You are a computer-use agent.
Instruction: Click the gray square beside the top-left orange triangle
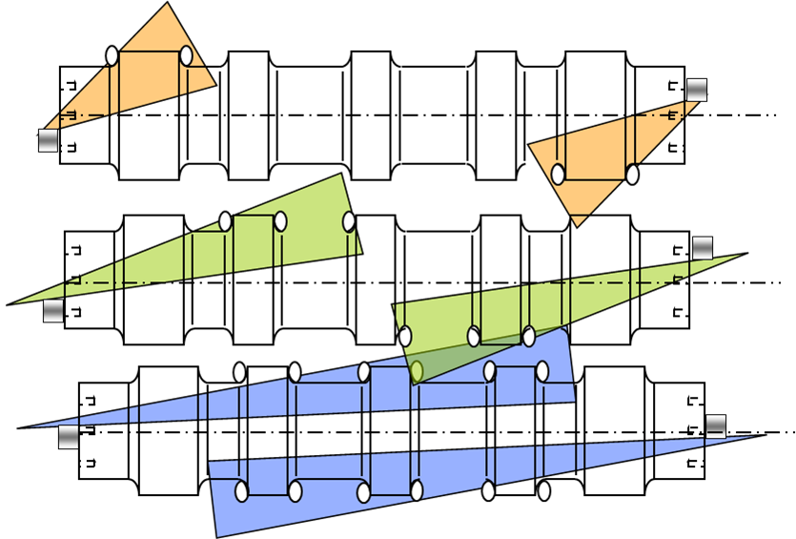click(48, 140)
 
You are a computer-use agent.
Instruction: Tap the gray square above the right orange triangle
click(697, 90)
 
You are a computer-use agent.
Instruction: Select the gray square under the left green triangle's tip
click(53, 311)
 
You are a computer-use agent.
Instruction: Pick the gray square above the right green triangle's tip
click(703, 248)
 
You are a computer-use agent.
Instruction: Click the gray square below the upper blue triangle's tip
click(69, 437)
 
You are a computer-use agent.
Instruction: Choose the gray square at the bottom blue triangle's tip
click(716, 426)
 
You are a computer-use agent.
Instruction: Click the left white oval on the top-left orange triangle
click(112, 56)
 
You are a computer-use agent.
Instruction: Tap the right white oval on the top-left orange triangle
click(186, 56)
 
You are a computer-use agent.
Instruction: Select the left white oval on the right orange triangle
click(558, 175)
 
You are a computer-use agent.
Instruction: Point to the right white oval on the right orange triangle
click(632, 175)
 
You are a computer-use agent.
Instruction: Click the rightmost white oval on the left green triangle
click(349, 221)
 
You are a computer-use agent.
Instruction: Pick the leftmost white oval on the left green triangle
click(225, 221)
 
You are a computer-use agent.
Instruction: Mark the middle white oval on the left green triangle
click(280, 221)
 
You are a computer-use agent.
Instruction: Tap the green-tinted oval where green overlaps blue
click(417, 371)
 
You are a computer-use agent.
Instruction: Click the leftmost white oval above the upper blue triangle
click(239, 372)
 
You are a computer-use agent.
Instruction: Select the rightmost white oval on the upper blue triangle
click(542, 371)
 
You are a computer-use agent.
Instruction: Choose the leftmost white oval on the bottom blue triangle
click(241, 491)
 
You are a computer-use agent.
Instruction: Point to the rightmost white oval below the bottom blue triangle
click(544, 490)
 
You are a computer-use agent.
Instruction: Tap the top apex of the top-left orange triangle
click(168, 5)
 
